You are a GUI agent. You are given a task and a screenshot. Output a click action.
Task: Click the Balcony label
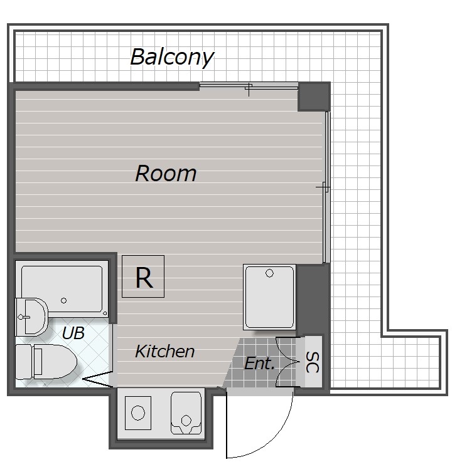click(x=172, y=57)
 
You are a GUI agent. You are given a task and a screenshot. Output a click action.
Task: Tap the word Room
click(x=166, y=173)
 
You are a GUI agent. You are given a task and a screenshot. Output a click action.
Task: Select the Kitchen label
click(x=165, y=351)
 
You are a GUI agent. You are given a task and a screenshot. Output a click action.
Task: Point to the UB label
click(x=73, y=333)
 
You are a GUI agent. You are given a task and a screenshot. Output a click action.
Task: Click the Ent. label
click(x=259, y=364)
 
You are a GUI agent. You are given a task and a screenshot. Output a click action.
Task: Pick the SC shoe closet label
click(x=313, y=362)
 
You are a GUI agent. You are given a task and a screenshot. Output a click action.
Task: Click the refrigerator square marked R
click(x=143, y=276)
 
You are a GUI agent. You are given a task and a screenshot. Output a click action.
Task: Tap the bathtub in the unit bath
click(x=62, y=289)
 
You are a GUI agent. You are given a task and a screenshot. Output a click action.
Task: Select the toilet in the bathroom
click(x=46, y=362)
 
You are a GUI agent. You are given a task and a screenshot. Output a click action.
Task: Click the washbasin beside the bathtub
click(x=31, y=317)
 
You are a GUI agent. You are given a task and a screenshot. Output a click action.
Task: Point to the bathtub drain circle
click(x=64, y=300)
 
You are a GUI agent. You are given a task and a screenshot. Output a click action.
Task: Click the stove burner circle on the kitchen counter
click(x=138, y=412)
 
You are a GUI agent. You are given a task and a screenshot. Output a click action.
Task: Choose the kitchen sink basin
click(x=186, y=413)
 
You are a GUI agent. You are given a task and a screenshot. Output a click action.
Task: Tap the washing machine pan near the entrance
click(x=269, y=297)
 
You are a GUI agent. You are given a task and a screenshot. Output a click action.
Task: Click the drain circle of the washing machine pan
click(x=269, y=273)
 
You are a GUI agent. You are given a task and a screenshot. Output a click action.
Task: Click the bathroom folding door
click(x=97, y=379)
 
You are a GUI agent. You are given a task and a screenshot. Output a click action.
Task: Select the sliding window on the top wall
click(x=249, y=86)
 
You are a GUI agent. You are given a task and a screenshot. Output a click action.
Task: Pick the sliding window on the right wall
click(x=327, y=187)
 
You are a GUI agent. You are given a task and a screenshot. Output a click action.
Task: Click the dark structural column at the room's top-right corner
click(x=314, y=97)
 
